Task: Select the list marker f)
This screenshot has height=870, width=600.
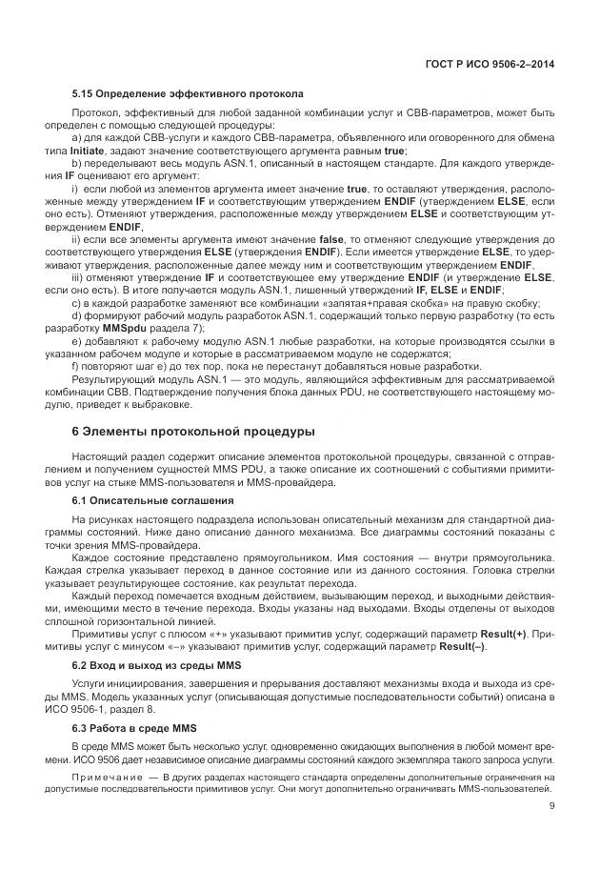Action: pos(76,366)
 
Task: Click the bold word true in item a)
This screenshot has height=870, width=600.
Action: pos(394,151)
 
